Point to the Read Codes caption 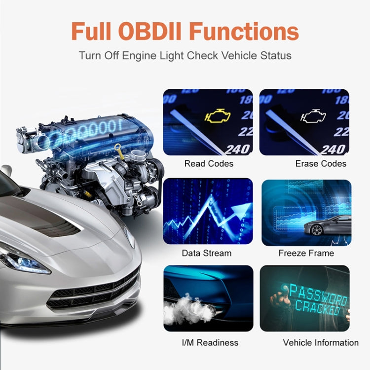pos(209,163)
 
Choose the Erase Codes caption pos(321,163)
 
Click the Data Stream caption pos(206,253)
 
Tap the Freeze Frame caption pos(306,253)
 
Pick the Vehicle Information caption pos(321,342)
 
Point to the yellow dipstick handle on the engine pos(118,148)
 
